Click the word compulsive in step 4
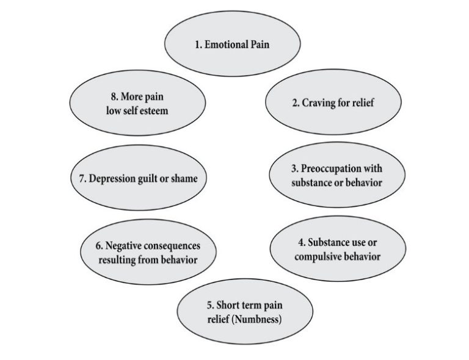click(x=317, y=256)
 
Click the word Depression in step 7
click(x=115, y=179)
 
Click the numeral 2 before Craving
click(x=295, y=103)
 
